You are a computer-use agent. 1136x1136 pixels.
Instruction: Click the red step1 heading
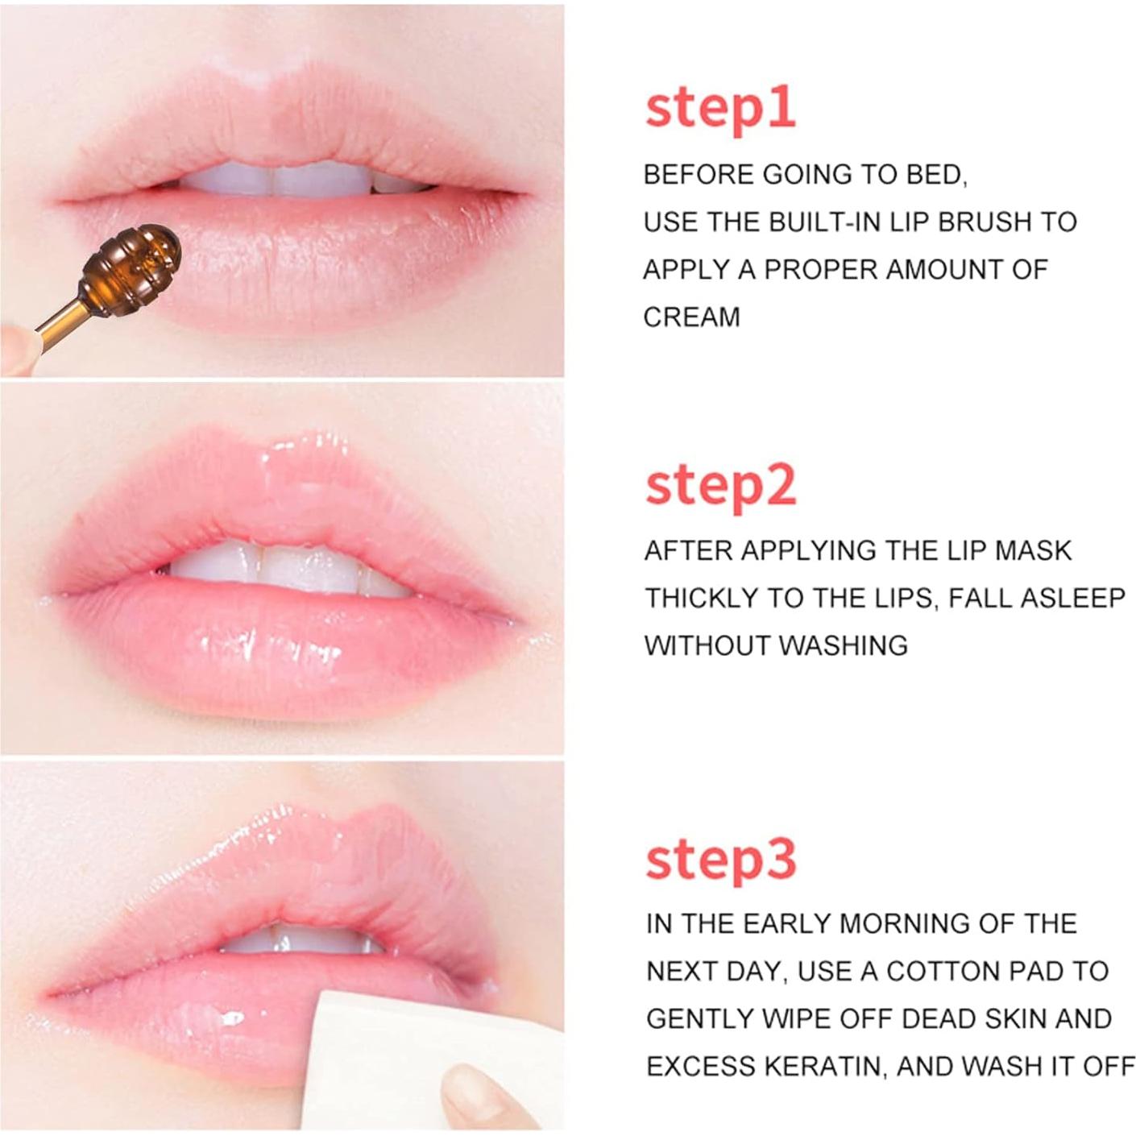pos(720,110)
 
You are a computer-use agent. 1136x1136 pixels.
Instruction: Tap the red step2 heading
pos(720,486)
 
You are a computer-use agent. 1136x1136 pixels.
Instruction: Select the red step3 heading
pos(720,860)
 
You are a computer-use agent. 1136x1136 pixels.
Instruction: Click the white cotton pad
pos(379,1063)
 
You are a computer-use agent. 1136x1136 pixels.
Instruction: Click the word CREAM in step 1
pos(691,317)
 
